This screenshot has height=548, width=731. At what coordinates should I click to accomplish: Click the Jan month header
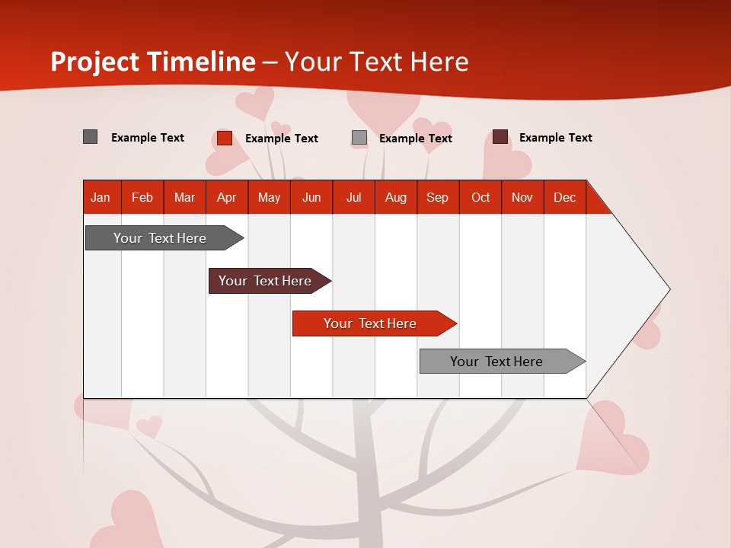[101, 198]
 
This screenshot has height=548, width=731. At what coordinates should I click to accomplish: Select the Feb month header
[142, 198]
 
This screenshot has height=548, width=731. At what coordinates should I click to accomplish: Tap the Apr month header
[226, 198]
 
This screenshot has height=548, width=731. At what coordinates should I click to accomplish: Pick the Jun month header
[311, 198]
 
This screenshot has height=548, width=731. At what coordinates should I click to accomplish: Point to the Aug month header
[395, 198]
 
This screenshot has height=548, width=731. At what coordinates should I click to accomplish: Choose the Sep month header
[437, 198]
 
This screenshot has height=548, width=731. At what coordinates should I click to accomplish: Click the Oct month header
[480, 198]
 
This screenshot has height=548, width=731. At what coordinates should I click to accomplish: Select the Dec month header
[564, 198]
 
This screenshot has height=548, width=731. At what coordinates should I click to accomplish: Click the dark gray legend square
[90, 137]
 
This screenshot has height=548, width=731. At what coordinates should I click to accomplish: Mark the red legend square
[225, 138]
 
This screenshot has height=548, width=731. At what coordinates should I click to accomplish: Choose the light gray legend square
[359, 138]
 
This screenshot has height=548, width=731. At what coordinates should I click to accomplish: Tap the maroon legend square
[500, 137]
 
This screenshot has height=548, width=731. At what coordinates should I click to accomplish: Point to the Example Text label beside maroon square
[555, 138]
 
